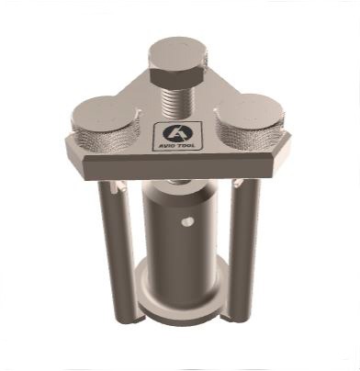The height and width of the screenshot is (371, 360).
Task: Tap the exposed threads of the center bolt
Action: (176, 103)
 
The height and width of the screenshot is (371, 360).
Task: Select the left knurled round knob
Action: (105, 124)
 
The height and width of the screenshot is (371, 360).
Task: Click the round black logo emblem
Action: (177, 133)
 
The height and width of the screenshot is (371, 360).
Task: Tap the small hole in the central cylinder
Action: (186, 221)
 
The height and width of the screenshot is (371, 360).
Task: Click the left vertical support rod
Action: (118, 252)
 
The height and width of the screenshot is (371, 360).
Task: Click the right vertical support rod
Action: (244, 250)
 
